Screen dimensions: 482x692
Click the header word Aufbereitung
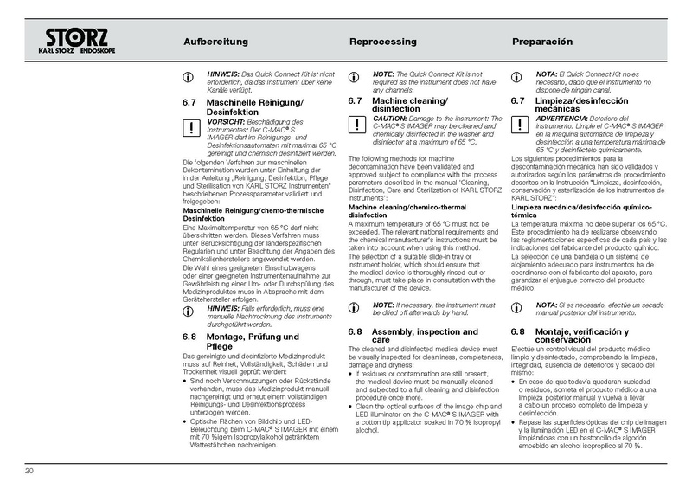[216, 42]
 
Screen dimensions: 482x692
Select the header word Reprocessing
[382, 42]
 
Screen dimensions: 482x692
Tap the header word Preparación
[543, 42]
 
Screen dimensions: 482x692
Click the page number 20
[29, 471]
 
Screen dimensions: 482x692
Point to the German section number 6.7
[190, 102]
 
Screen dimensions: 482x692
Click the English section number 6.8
[355, 332]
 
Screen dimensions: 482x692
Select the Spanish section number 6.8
[517, 332]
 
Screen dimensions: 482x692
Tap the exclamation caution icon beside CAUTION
[354, 125]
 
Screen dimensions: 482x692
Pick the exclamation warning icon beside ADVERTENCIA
[517, 125]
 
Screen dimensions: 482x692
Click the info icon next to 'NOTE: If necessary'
[354, 307]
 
